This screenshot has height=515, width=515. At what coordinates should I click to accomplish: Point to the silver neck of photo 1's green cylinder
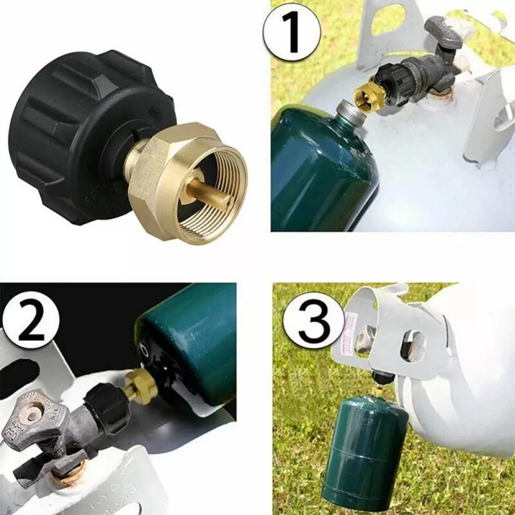point(351,116)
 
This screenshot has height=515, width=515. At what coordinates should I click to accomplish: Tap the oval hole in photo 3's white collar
point(412,345)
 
